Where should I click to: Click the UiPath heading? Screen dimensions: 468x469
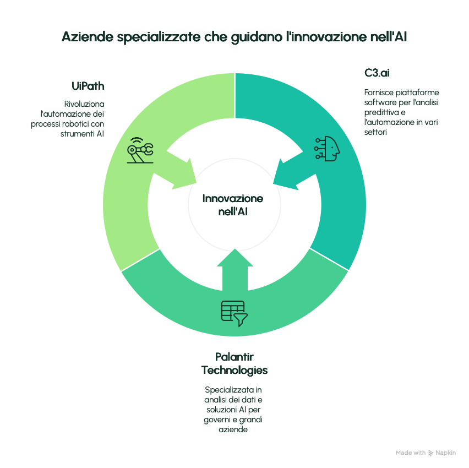[x=88, y=86]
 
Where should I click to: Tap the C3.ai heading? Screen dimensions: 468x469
[x=377, y=73]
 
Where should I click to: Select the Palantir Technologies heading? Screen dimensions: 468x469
[x=234, y=363]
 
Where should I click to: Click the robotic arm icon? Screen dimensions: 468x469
[x=140, y=151]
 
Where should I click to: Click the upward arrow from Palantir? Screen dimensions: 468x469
[x=234, y=270]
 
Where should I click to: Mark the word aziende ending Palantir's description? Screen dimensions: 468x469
[x=234, y=429]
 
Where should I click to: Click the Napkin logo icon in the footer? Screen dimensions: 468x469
[x=430, y=453]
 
